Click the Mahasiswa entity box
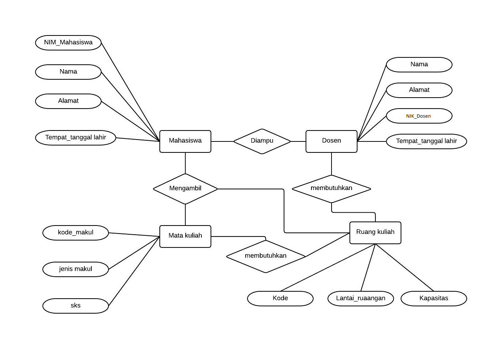185,141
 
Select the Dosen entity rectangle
331,141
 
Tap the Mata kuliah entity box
185,236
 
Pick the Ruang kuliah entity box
375,232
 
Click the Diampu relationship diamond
262,141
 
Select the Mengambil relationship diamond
185,189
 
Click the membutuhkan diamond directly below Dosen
331,189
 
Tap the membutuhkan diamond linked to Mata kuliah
266,256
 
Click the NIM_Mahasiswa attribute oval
68,43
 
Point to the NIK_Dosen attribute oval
419,116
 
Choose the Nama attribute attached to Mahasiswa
68,72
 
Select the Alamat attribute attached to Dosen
419,90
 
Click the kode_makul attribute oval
76,233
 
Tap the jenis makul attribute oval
76,269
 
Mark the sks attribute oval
76,306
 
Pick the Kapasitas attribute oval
433,299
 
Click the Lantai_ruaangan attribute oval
360,299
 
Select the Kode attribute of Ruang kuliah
280,299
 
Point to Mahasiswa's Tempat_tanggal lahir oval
76,138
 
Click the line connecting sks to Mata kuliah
134,271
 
